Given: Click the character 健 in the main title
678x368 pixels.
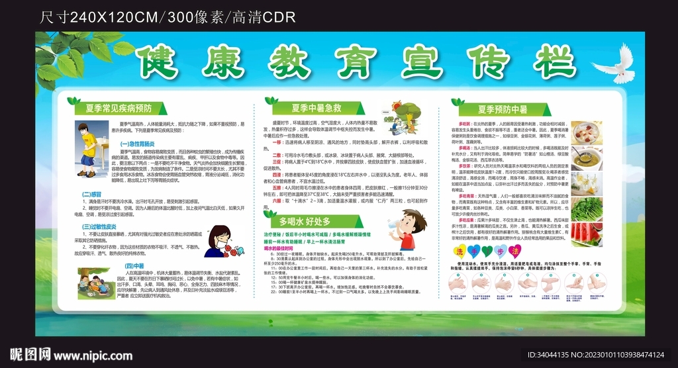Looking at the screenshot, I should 159,62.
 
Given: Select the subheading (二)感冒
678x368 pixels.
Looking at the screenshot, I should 91,194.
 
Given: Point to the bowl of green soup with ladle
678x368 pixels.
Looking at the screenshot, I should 587,159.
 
